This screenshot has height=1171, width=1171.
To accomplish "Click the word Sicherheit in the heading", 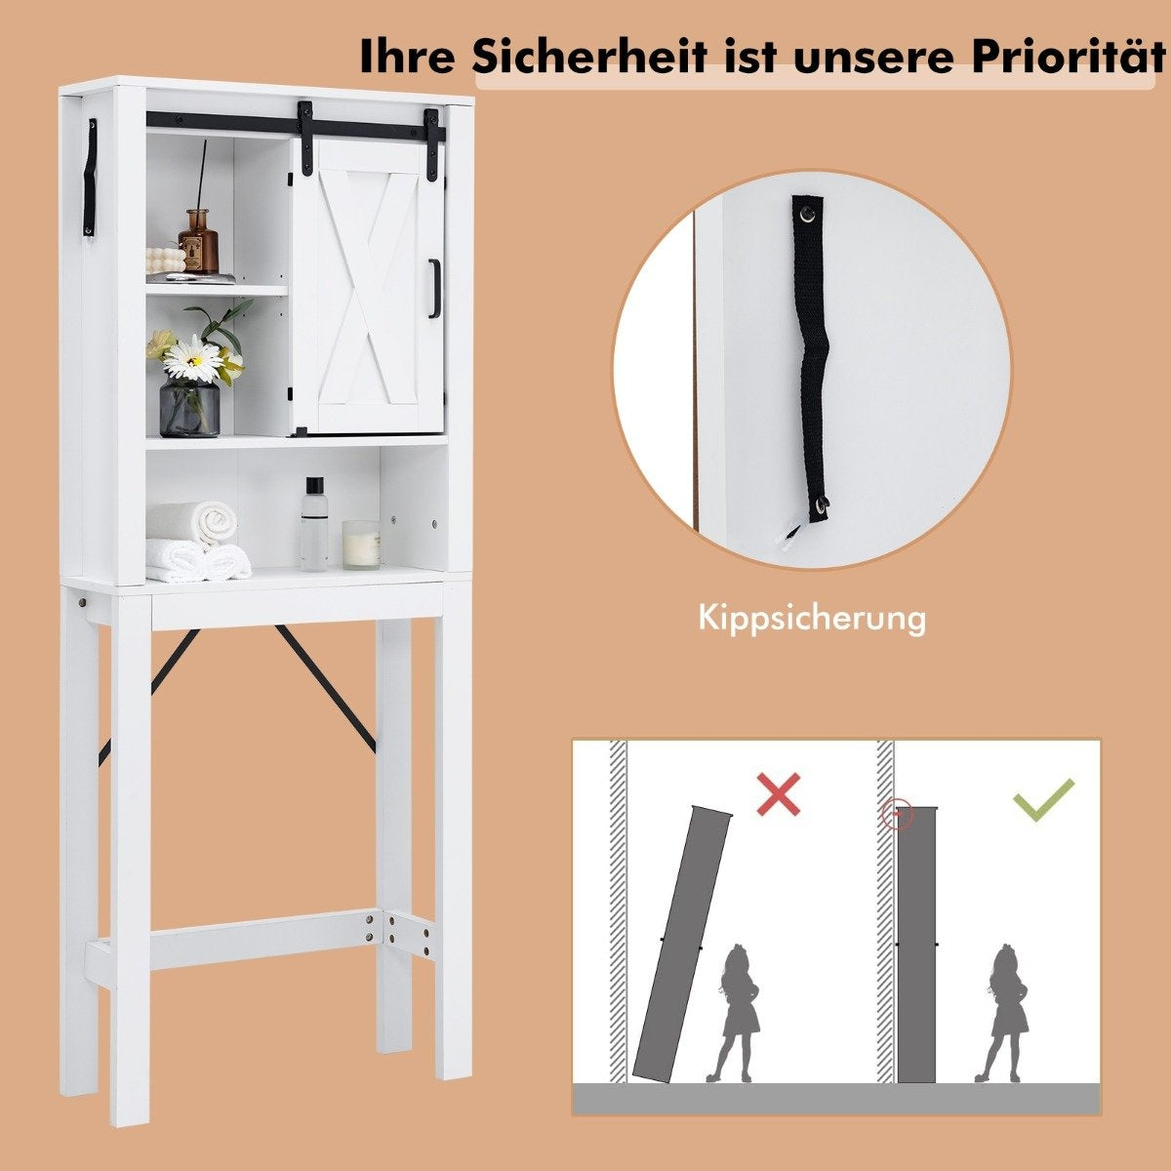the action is [x=590, y=57].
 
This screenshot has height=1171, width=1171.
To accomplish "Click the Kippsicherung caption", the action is [x=812, y=619].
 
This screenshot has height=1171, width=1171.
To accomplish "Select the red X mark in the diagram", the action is [x=779, y=793].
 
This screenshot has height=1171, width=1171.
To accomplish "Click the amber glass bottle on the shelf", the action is [x=198, y=241].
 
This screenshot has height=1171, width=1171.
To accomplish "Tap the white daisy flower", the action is [x=193, y=361].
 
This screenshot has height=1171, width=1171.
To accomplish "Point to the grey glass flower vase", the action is [x=189, y=407].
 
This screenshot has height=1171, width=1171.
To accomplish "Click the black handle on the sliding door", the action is [x=433, y=288].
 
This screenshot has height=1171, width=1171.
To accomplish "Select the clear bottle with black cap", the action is [x=314, y=524].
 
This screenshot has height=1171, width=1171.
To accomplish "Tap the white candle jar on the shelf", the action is [x=362, y=545].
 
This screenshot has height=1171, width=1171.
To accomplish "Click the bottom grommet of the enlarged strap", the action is [x=822, y=503].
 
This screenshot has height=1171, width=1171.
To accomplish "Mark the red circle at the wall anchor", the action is [x=898, y=813].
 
